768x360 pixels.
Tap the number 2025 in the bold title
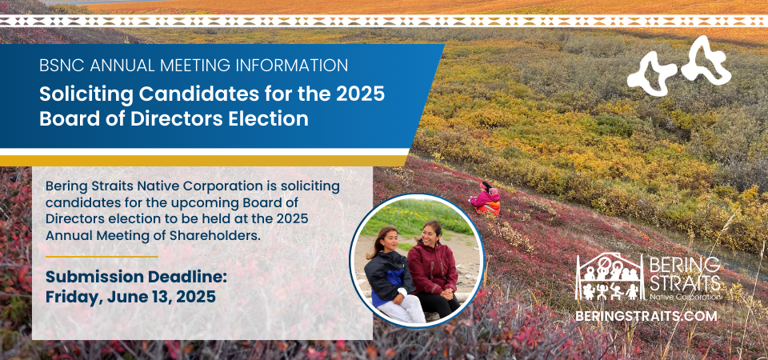coord(360,94)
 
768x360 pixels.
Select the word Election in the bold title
coord(270,118)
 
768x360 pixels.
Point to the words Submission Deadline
coord(136,277)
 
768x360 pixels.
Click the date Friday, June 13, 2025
coord(130,296)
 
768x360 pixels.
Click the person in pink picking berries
coord(486,199)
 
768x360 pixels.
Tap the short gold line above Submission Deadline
coord(102,257)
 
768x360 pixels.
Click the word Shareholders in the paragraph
coord(211,235)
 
